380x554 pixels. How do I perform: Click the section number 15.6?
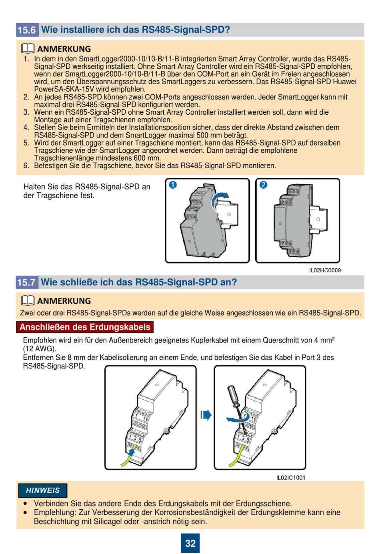[x=27, y=30]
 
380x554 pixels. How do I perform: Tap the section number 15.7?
[x=27, y=282]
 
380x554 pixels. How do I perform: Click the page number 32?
[x=190, y=543]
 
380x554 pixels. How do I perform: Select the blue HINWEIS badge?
[x=42, y=490]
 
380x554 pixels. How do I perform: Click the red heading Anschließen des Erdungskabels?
[x=85, y=327]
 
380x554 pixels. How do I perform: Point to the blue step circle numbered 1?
[x=173, y=185]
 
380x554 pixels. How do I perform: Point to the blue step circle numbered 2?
[x=263, y=185]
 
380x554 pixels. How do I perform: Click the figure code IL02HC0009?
[x=325, y=270]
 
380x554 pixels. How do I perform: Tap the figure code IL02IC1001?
[x=291, y=478]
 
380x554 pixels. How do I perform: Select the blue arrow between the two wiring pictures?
[x=206, y=415]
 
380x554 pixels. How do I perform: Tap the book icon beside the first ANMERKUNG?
[x=28, y=48]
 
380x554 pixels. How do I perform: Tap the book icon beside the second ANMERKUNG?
[x=28, y=301]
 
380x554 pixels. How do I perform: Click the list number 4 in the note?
[x=26, y=128]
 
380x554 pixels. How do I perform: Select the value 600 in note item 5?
[x=140, y=158]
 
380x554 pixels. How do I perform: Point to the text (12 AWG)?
[x=40, y=349]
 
